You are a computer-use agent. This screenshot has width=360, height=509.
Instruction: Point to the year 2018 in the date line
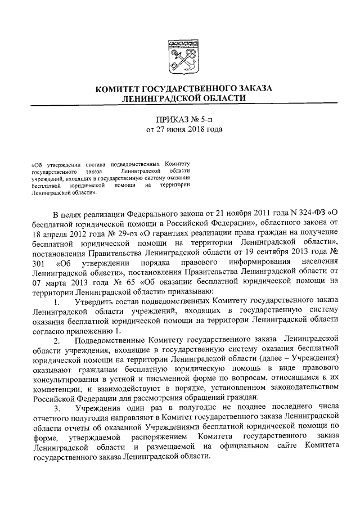coord(192,130)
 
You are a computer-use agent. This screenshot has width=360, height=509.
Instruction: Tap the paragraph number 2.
coord(56,340)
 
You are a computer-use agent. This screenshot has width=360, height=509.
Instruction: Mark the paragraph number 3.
coord(56,408)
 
